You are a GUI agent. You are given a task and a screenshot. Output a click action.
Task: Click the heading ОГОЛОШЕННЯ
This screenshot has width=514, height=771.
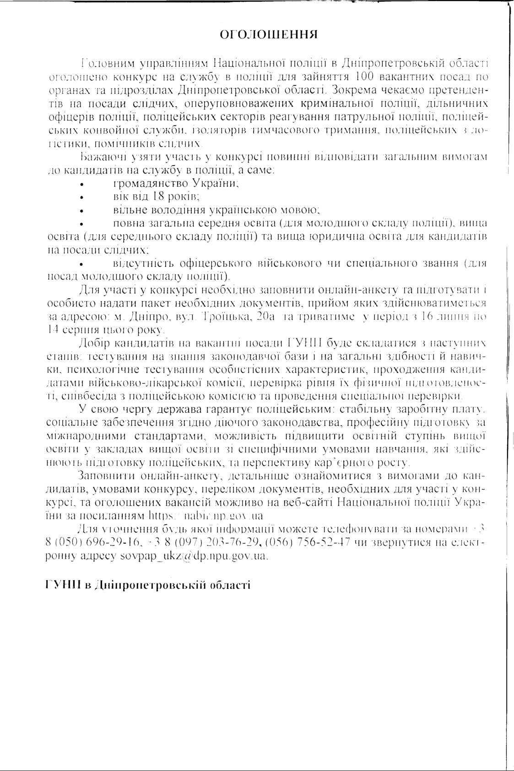tap(268, 35)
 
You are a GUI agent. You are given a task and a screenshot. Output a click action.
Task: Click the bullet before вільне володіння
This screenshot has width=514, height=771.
tap(81, 212)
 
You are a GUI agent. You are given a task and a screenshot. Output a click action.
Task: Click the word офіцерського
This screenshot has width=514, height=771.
tap(216, 264)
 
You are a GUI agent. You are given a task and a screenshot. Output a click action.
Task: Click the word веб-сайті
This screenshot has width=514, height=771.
tap(311, 502)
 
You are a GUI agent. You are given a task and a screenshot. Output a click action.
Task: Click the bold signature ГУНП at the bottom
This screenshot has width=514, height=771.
tap(64, 586)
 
